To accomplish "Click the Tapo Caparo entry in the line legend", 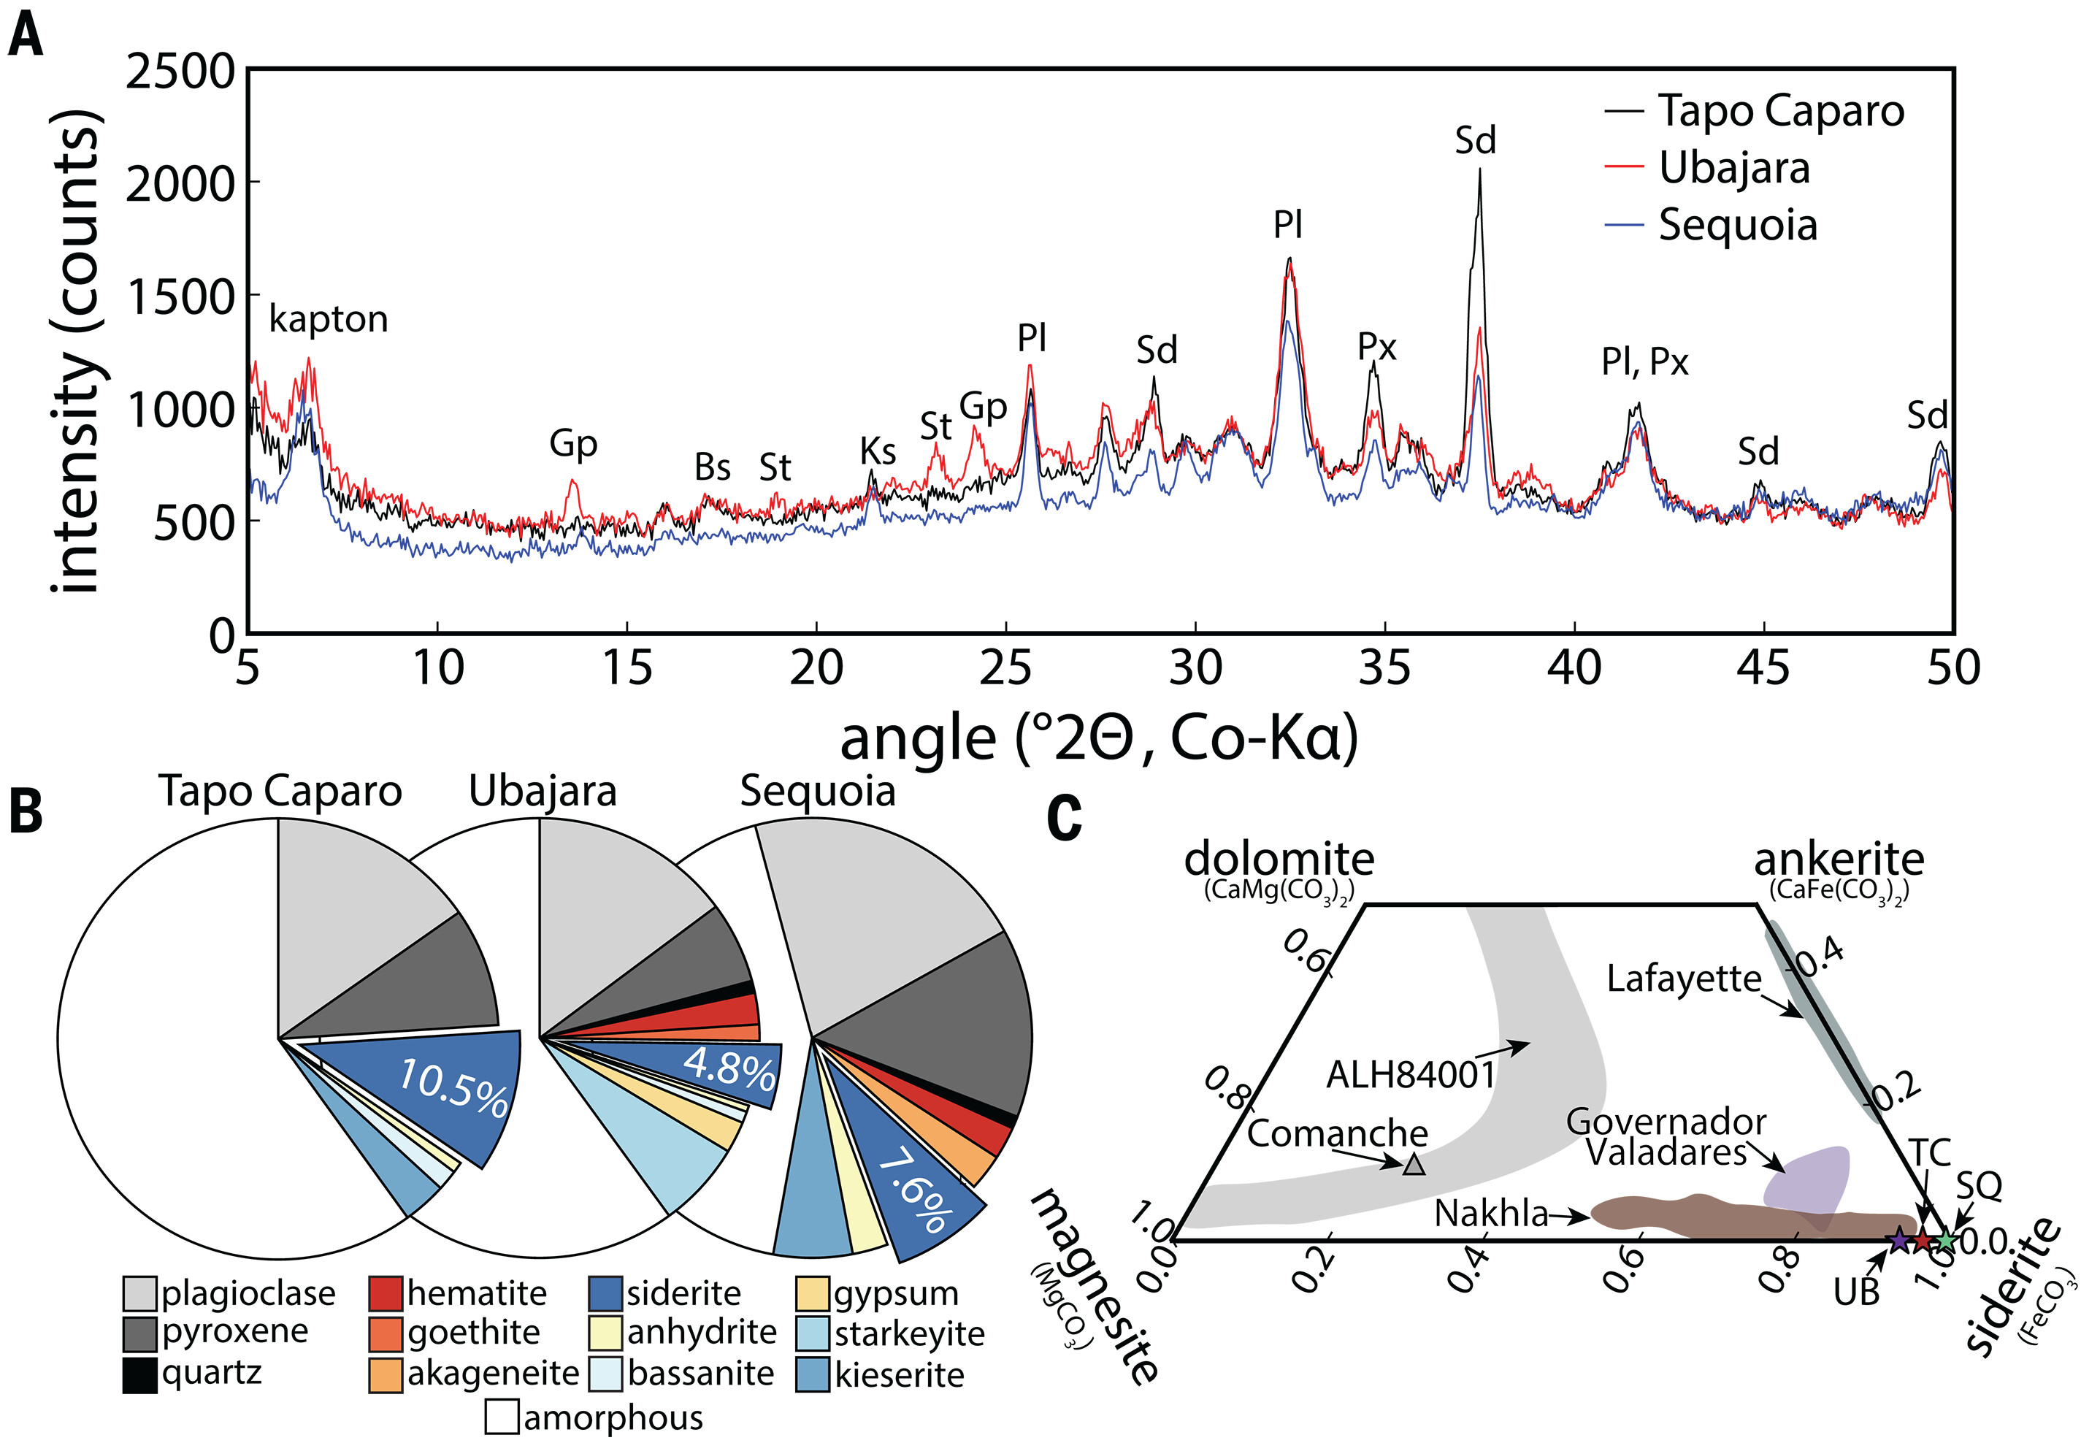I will coord(1780,111).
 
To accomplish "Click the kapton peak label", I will coord(328,319).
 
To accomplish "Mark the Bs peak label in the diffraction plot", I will coord(713,467).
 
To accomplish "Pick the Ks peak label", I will coord(877,451).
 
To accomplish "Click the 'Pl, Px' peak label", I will coord(1644,361).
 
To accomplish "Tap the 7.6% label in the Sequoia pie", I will coord(914,1188).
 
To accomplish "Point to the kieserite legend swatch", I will coord(813,1374).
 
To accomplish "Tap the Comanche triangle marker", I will coord(1414,1165).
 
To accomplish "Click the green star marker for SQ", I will coord(1947,1241).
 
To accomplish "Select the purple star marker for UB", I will coord(1898,1241).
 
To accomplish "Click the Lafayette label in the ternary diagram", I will coord(1684,979).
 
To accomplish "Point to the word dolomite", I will coord(1279,858).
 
